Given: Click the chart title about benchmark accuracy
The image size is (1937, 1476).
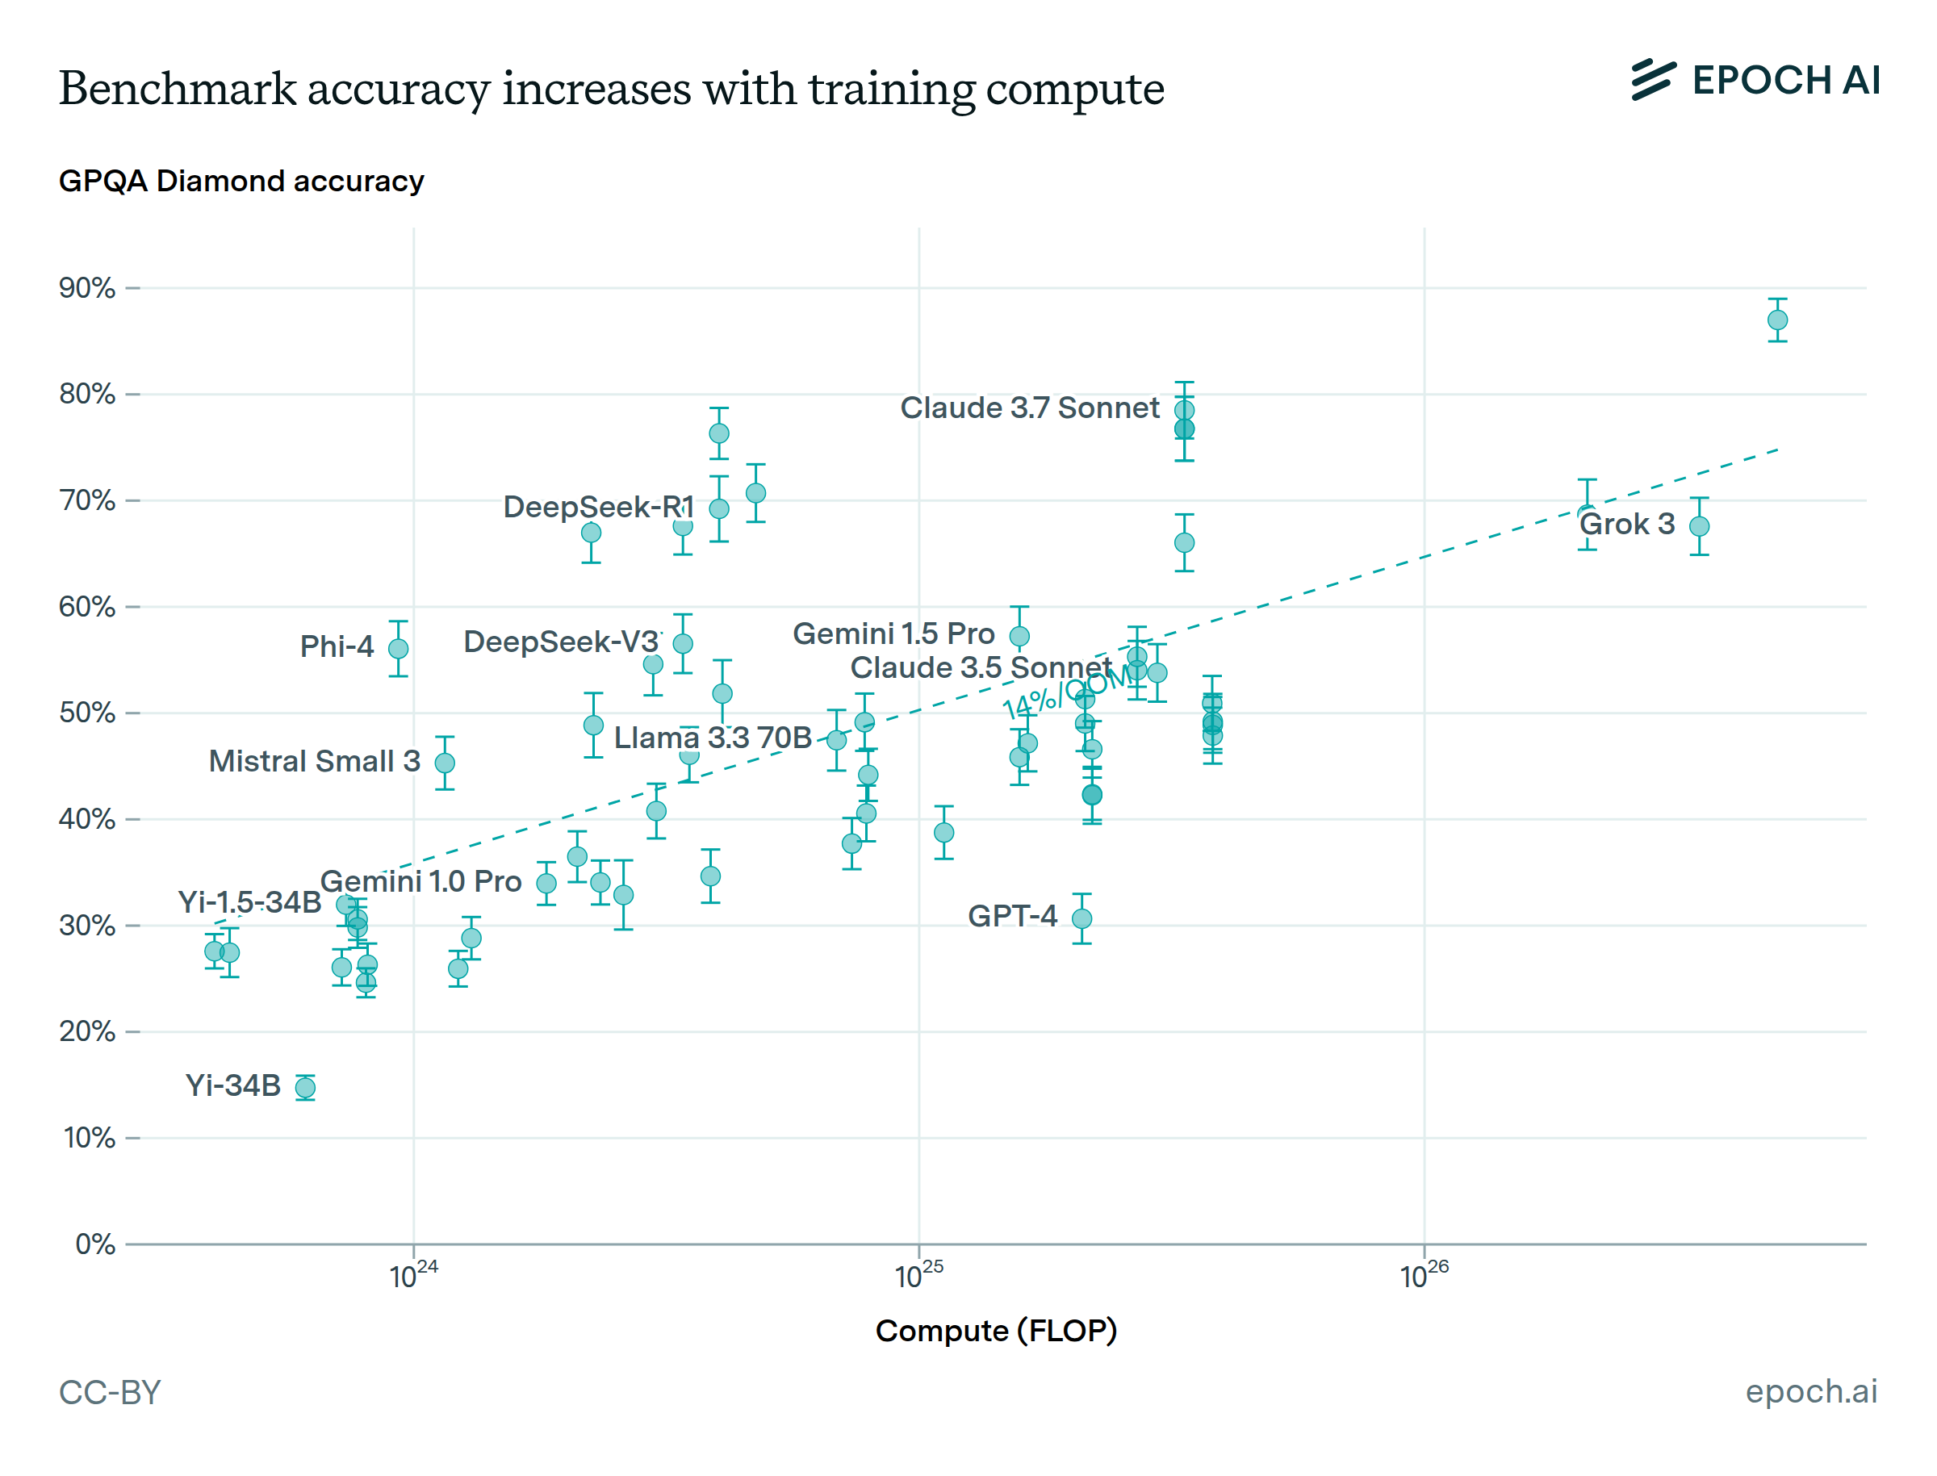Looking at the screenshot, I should tap(610, 89).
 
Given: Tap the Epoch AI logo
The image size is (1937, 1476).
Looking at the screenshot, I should tap(1754, 80).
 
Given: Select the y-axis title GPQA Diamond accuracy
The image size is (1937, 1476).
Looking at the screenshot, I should tap(241, 181).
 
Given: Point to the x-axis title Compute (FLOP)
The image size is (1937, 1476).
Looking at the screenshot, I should tap(994, 1330).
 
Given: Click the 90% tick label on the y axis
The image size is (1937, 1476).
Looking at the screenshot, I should tap(87, 287).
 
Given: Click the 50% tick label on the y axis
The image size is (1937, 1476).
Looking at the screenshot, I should tap(87, 713).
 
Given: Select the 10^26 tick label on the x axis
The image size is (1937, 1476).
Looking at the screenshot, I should tap(1422, 1275).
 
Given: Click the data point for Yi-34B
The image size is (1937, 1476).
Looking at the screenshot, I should tap(305, 1088).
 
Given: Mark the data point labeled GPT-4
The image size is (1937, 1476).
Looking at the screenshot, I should tap(1081, 918).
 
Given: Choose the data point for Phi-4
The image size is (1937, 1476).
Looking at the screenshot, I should tap(398, 648).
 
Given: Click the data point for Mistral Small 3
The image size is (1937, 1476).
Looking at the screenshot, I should tap(445, 763).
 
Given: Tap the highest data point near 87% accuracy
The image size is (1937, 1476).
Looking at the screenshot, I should tap(1776, 320).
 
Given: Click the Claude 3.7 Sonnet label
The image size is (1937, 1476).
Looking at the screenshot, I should tap(1029, 408).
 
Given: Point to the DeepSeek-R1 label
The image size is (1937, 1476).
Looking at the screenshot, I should tap(597, 507).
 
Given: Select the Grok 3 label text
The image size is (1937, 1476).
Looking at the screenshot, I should tap(1626, 525).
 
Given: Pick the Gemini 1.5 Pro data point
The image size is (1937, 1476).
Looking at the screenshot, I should tap(1019, 635).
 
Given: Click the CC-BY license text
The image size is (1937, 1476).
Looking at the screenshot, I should tap(110, 1391).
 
